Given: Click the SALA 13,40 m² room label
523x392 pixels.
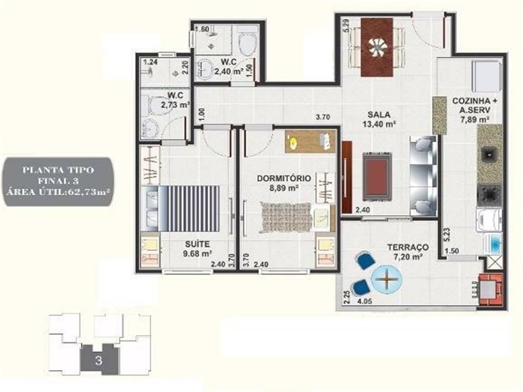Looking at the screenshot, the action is (379, 119).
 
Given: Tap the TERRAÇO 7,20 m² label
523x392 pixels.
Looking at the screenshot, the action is (408, 252).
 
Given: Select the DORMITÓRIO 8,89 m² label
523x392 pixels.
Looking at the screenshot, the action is (284, 183).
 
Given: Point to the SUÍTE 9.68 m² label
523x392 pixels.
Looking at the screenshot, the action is (198, 249).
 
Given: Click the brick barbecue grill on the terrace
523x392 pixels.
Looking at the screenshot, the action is (490, 289).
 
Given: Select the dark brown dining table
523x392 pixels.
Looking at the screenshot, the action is (377, 47).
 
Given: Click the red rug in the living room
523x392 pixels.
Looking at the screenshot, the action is (377, 177).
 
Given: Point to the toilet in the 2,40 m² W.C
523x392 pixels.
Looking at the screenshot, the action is (248, 44).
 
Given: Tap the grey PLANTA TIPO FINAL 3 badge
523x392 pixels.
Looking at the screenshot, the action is (58, 181).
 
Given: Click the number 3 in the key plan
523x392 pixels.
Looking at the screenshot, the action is (99, 361).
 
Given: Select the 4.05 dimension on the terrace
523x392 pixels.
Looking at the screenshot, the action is (365, 301).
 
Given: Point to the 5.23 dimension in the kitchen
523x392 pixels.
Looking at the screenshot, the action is (447, 235).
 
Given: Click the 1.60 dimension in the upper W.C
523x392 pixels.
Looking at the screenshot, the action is (202, 29).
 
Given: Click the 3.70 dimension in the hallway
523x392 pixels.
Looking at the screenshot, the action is (323, 117).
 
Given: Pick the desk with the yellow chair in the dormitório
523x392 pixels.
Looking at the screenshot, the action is (310, 142).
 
